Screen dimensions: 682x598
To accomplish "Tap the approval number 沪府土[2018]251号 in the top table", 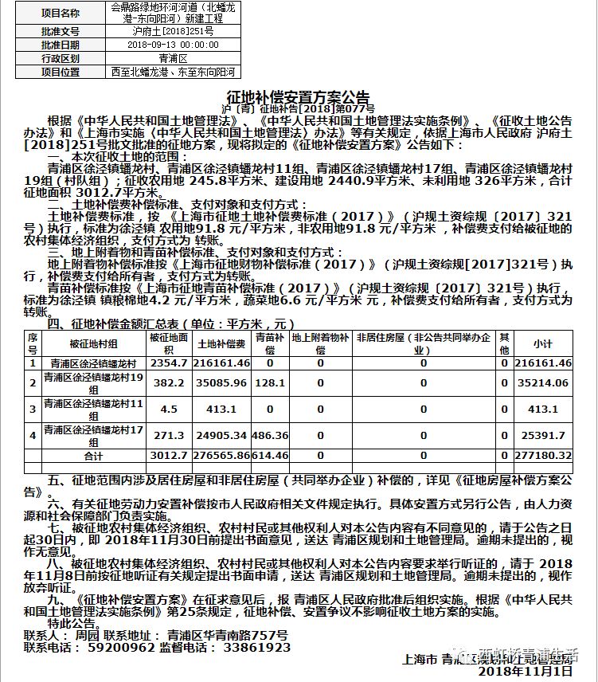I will click(173, 31).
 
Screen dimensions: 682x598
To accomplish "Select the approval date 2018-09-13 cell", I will click(173, 45).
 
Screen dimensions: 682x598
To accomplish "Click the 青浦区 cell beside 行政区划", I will click(173, 58).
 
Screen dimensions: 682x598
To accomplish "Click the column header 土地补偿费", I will click(221, 344).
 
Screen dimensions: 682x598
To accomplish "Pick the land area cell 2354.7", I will click(168, 363).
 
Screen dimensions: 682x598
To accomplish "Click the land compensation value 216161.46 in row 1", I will click(221, 363).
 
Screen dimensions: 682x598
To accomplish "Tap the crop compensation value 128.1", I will click(270, 382).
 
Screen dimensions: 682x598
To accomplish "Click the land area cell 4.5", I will click(168, 410).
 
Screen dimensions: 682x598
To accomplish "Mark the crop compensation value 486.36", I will click(270, 436).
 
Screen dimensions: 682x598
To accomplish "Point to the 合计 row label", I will click(94, 455).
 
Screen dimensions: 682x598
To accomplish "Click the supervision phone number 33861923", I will click(256, 648).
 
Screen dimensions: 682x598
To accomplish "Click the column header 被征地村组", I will click(94, 344).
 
